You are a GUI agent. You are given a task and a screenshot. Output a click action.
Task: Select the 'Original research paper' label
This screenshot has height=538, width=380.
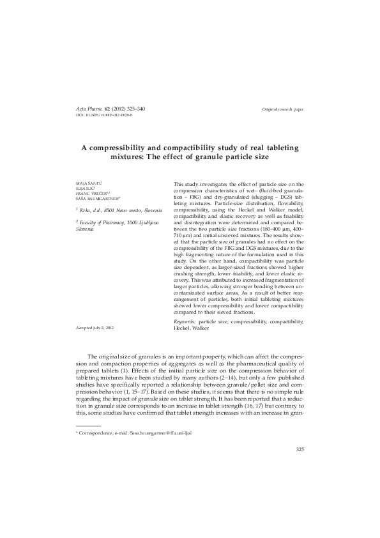coord(282,110)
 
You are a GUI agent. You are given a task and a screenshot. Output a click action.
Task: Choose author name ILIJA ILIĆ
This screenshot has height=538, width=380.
coord(86,188)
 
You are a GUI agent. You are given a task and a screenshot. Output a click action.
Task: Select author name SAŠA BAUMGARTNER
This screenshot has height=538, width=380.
coord(96,199)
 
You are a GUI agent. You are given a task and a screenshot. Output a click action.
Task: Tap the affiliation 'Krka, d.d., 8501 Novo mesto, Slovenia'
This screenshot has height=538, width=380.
coord(120,210)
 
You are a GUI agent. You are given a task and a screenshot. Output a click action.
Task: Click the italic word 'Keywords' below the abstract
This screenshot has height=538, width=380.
coord(185,322)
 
